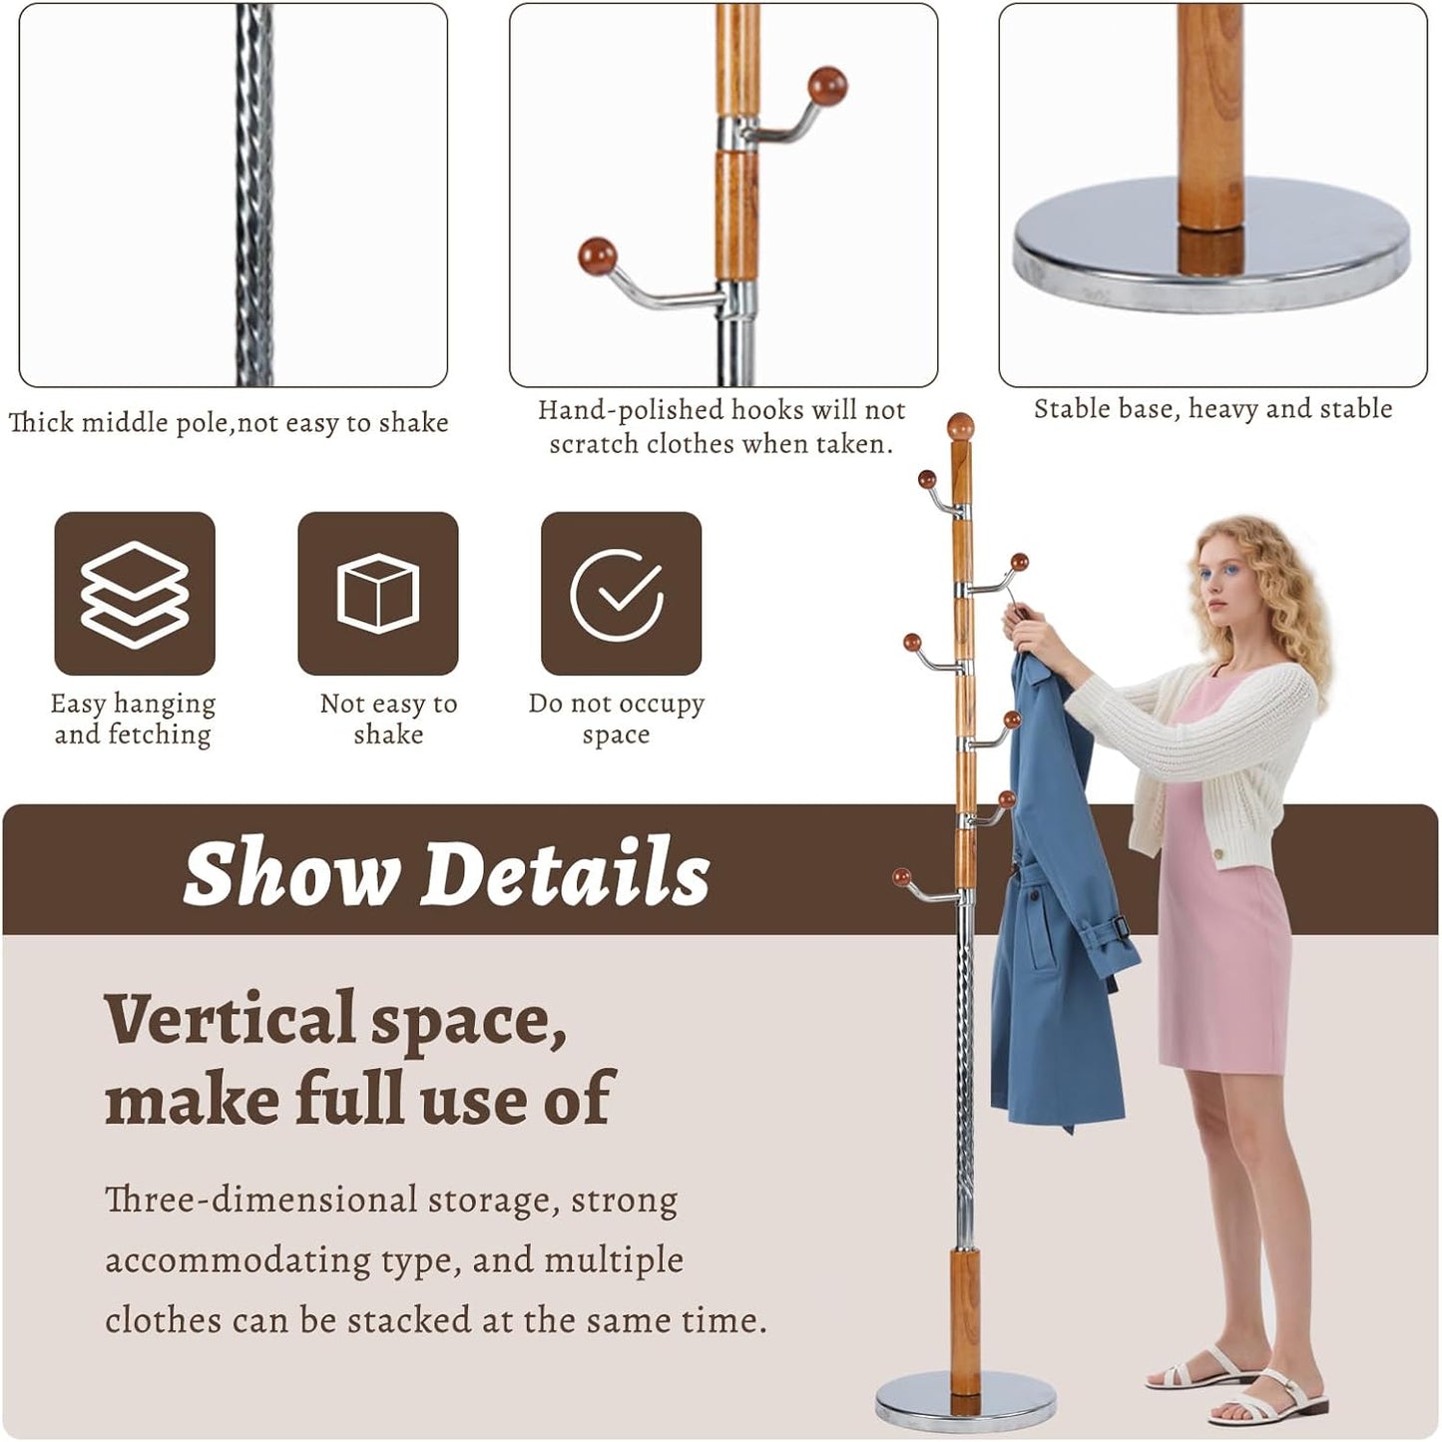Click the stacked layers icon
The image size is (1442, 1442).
[134, 594]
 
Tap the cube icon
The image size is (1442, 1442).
[377, 594]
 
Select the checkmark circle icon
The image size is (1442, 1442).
[620, 594]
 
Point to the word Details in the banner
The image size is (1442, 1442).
[565, 872]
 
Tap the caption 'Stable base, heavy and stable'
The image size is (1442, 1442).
[1212, 408]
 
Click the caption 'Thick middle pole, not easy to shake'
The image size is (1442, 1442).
[229, 422]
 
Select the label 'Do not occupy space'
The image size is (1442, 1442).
[617, 719]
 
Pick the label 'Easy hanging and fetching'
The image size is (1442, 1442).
[133, 719]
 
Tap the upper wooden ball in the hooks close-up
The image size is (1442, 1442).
[826, 86]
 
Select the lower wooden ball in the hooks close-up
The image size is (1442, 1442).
[597, 256]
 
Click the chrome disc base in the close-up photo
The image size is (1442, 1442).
[1212, 254]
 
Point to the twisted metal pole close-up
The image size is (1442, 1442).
[254, 195]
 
